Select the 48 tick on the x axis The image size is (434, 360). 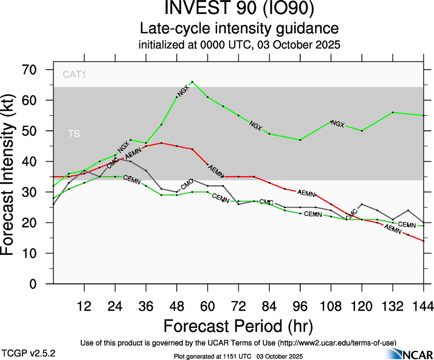pos(177,306)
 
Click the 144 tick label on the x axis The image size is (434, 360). pos(423,306)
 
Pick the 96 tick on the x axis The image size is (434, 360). pos(300,306)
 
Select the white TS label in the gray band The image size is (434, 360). pos(74,134)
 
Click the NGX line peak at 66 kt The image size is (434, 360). pos(192,82)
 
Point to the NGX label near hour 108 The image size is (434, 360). pos(338,124)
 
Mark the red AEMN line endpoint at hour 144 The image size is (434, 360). pos(423,241)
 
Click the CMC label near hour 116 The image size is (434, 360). pos(351,214)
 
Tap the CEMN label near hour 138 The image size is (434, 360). pos(407,225)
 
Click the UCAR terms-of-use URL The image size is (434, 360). pos(338,343)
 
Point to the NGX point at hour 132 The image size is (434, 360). pos(392,112)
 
